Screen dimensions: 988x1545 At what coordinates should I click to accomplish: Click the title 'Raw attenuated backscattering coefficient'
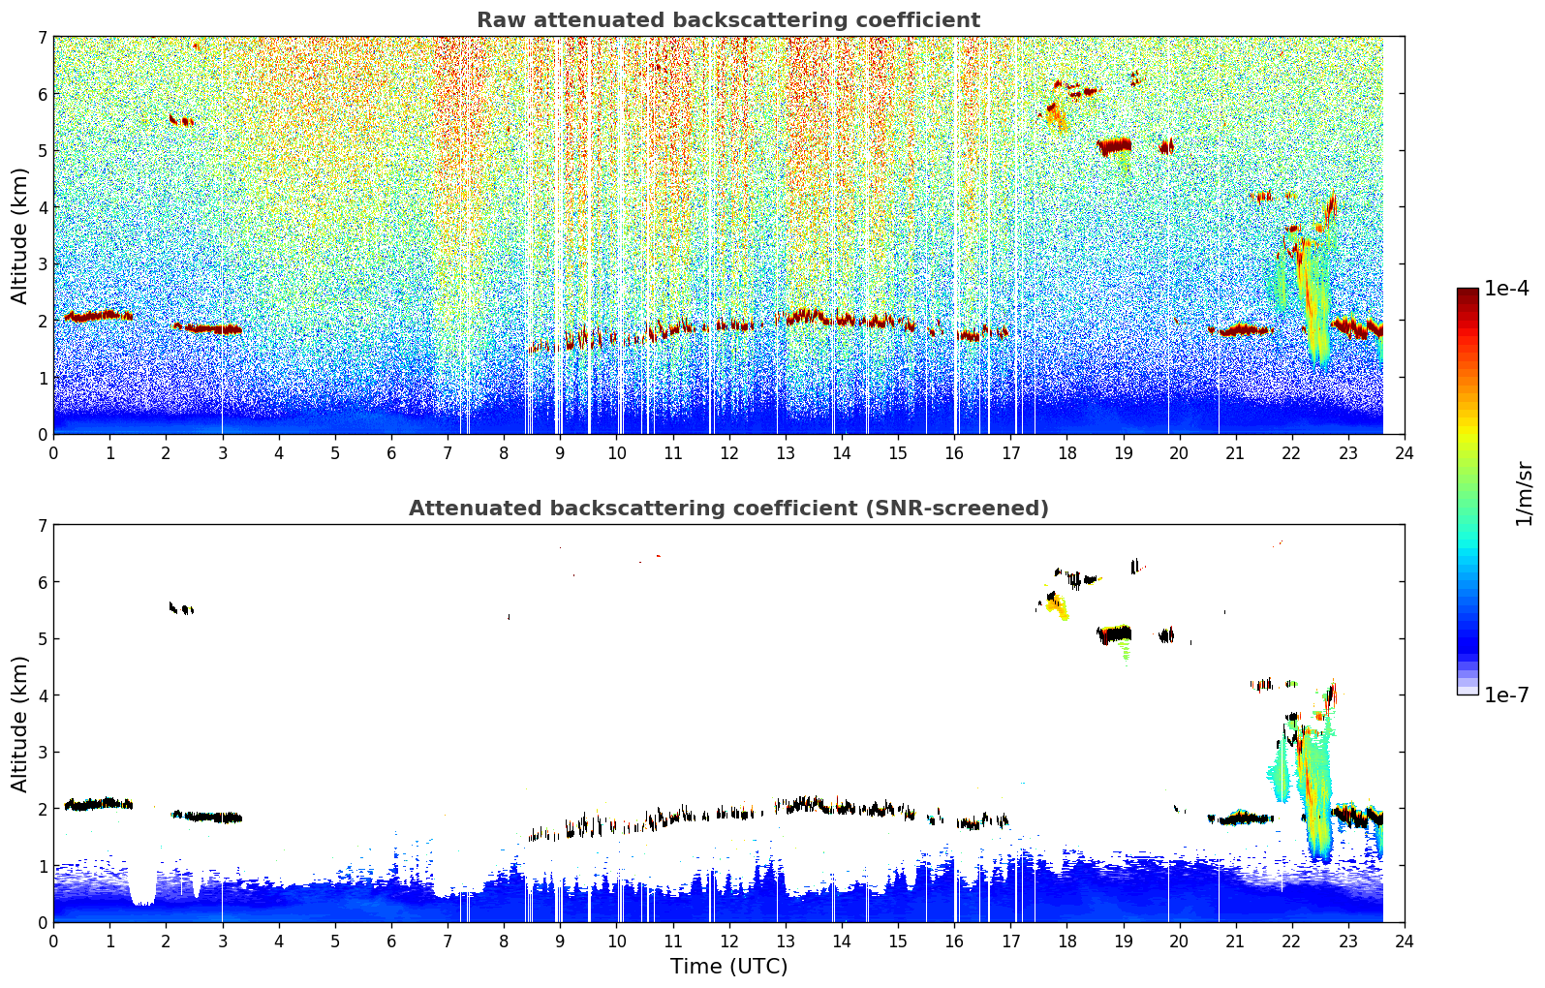pos(727,20)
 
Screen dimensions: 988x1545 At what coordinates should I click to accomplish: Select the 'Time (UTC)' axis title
pos(728,966)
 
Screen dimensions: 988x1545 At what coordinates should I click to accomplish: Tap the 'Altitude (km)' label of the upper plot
pos(19,235)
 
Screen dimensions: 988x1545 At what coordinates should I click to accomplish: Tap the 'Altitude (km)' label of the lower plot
pos(19,724)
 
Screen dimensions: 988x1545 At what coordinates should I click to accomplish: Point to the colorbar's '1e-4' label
pos(1506,289)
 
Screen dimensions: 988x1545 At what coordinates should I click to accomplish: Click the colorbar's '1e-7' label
pos(1506,695)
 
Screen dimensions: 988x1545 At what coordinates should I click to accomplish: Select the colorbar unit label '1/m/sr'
pos(1524,494)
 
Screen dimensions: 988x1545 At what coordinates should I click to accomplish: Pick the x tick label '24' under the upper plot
pos(1405,453)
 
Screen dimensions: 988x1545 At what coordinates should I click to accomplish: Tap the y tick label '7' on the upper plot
pos(43,38)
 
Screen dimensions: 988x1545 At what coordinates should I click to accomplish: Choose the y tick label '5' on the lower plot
pos(43,639)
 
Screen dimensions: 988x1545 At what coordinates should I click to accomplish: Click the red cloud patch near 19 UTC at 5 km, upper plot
pos(1114,146)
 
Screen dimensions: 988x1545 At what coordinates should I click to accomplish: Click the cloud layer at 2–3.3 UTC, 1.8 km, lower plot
pos(208,818)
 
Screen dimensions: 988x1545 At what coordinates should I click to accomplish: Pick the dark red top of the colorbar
pos(1468,293)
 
